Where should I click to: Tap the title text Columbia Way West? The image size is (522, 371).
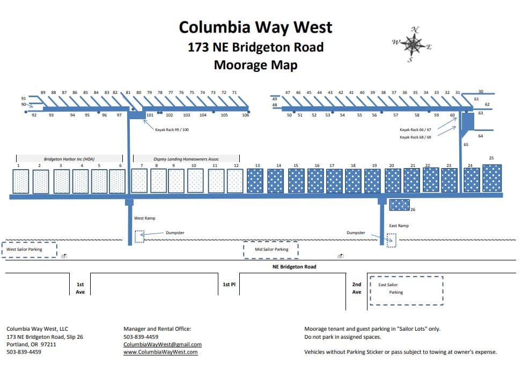point(255,27)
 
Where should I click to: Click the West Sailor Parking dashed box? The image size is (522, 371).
point(29,250)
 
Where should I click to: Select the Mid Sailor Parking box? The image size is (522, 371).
point(271,250)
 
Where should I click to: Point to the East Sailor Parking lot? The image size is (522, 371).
point(406,290)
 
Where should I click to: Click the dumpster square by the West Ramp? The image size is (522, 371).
point(139,236)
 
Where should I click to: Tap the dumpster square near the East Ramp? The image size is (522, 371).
point(392,240)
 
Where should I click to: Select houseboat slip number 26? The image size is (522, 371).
point(400,205)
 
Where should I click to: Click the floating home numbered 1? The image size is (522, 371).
point(21,181)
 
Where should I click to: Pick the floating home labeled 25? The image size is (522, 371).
point(492,178)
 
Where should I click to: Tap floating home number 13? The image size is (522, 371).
point(257,181)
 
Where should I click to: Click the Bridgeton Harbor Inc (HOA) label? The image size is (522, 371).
point(70,159)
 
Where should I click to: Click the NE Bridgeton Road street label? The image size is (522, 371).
point(294,267)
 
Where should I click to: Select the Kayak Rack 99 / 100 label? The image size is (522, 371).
point(172,130)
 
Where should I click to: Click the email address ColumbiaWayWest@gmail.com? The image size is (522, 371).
point(163,345)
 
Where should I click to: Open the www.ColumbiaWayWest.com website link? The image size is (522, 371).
point(160,352)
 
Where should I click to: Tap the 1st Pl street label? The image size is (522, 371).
point(229,285)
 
